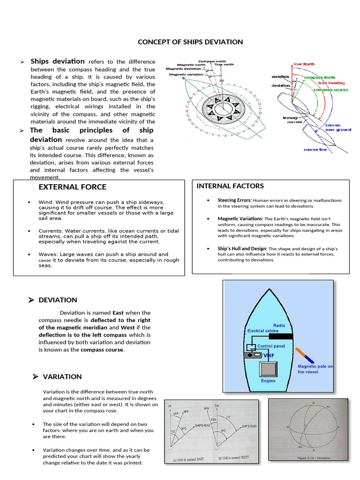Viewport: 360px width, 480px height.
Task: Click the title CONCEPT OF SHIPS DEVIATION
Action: [190, 42]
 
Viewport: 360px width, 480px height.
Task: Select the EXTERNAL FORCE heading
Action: [72, 187]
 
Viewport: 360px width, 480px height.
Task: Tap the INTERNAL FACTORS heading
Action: [230, 186]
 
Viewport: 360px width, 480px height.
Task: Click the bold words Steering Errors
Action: [234, 200]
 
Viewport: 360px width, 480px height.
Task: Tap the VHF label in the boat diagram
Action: [269, 356]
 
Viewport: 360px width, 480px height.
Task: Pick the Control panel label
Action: [271, 346]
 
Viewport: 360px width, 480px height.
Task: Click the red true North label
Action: [304, 64]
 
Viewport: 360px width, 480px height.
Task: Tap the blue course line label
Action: [315, 150]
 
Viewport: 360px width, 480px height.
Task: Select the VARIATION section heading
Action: [62, 376]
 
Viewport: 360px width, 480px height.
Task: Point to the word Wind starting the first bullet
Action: [45, 202]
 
